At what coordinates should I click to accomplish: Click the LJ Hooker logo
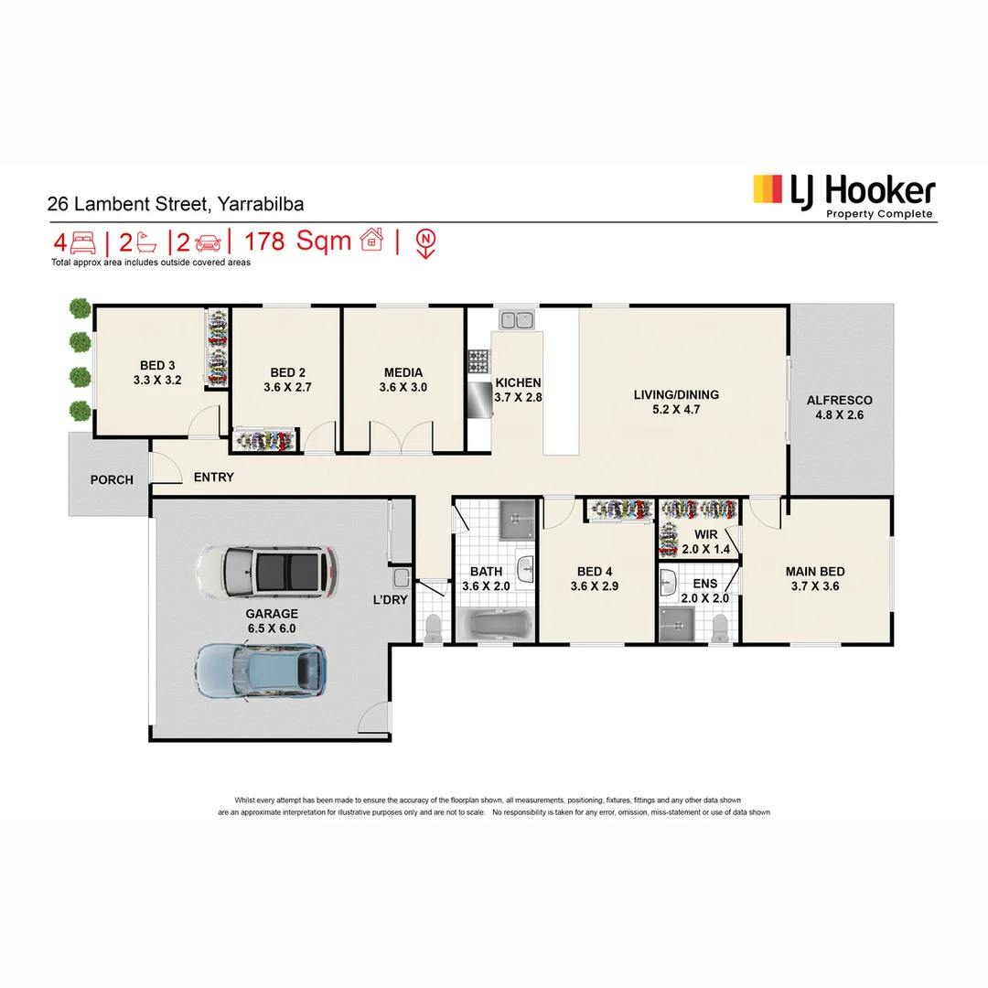click(x=843, y=194)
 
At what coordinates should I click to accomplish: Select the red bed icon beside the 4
click(x=82, y=242)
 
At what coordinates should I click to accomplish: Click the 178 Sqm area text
click(x=298, y=242)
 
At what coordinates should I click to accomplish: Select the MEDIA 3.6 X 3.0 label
click(x=403, y=380)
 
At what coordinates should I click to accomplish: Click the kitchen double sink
click(x=517, y=319)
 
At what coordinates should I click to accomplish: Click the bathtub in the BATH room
click(x=495, y=626)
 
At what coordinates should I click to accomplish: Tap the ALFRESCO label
click(x=839, y=400)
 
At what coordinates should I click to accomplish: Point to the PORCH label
click(x=112, y=479)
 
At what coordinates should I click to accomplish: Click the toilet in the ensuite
click(x=720, y=627)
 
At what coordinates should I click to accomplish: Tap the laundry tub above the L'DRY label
click(x=401, y=577)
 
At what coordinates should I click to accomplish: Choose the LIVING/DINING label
click(x=676, y=395)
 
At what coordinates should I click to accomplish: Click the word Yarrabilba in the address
click(x=259, y=205)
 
